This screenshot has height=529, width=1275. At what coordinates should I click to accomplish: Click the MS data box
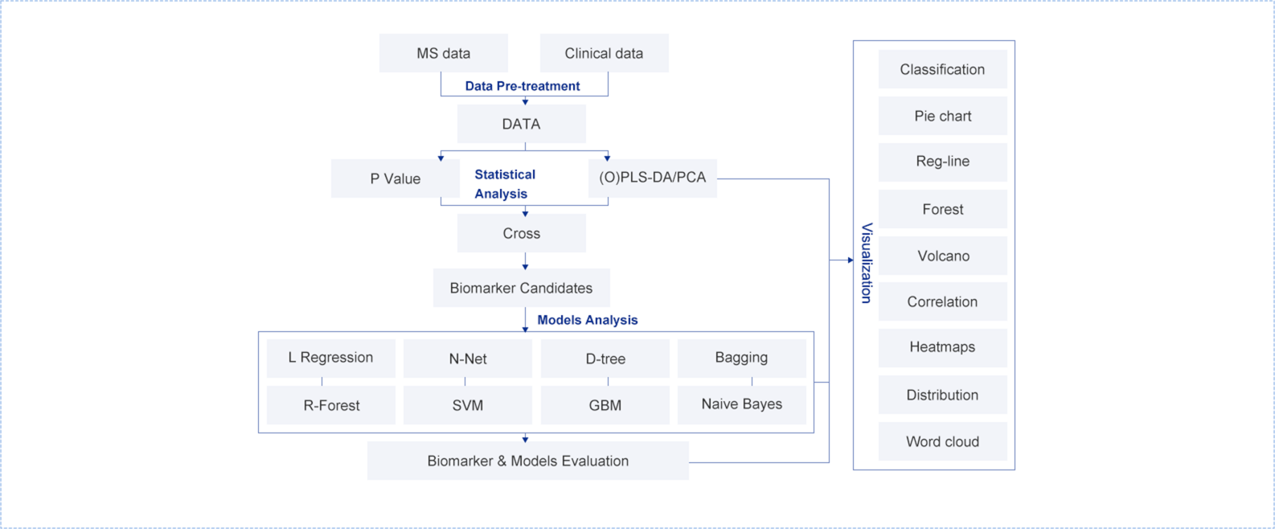coord(443,53)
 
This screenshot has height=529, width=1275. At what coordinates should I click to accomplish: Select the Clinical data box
coord(604,53)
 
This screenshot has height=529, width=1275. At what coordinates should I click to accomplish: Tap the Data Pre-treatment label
coord(523,86)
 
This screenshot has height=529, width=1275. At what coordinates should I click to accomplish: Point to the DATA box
coord(521,124)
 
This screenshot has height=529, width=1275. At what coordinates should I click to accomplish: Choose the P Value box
coord(395,178)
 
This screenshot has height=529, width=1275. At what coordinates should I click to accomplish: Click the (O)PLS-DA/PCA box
coord(652,178)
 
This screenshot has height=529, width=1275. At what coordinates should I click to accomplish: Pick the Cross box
coord(521,233)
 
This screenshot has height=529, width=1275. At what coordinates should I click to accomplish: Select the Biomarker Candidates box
coord(521,288)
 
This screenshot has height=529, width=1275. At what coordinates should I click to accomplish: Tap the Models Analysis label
coord(588,320)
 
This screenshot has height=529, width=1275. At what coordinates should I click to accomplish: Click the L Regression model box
coord(330,358)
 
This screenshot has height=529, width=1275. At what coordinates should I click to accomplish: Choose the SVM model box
coord(467,405)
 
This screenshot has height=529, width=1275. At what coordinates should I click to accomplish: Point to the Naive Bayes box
coord(741,404)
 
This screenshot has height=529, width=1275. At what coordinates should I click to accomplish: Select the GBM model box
coord(605,405)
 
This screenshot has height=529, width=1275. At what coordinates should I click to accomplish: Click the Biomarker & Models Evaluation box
coord(527,461)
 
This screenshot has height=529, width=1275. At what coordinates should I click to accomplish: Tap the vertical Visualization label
coord(867,263)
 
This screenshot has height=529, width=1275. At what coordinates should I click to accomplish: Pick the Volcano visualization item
coord(943,256)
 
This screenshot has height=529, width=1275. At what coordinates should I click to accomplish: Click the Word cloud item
coord(942,441)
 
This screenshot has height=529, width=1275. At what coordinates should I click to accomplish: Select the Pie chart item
coord(942,116)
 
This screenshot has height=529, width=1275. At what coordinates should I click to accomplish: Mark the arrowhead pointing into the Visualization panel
coord(850,260)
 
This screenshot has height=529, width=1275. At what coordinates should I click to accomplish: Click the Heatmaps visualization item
coord(942,347)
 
